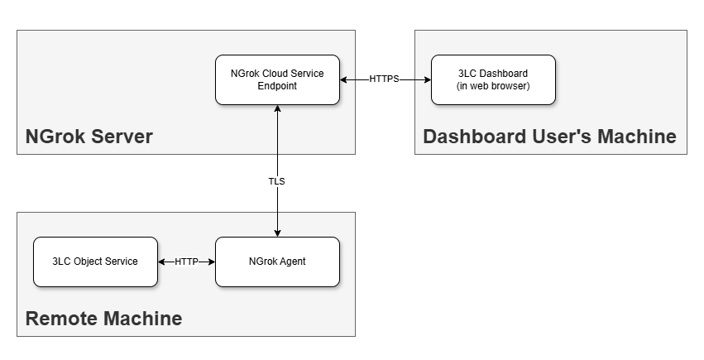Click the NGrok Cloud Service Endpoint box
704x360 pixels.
277,79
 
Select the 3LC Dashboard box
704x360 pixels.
492,79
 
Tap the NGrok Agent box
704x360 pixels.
277,262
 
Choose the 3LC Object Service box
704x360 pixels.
95,262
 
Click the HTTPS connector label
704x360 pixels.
384,79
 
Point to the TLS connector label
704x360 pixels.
277,180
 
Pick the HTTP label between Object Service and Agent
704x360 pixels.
186,262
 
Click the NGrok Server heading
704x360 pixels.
89,137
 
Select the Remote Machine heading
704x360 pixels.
103,319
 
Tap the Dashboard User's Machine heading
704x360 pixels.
549,137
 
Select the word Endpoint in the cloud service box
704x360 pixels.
277,86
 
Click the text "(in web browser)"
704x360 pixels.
493,86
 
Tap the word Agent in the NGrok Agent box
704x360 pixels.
292,262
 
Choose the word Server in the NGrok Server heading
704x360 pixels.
122,137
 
